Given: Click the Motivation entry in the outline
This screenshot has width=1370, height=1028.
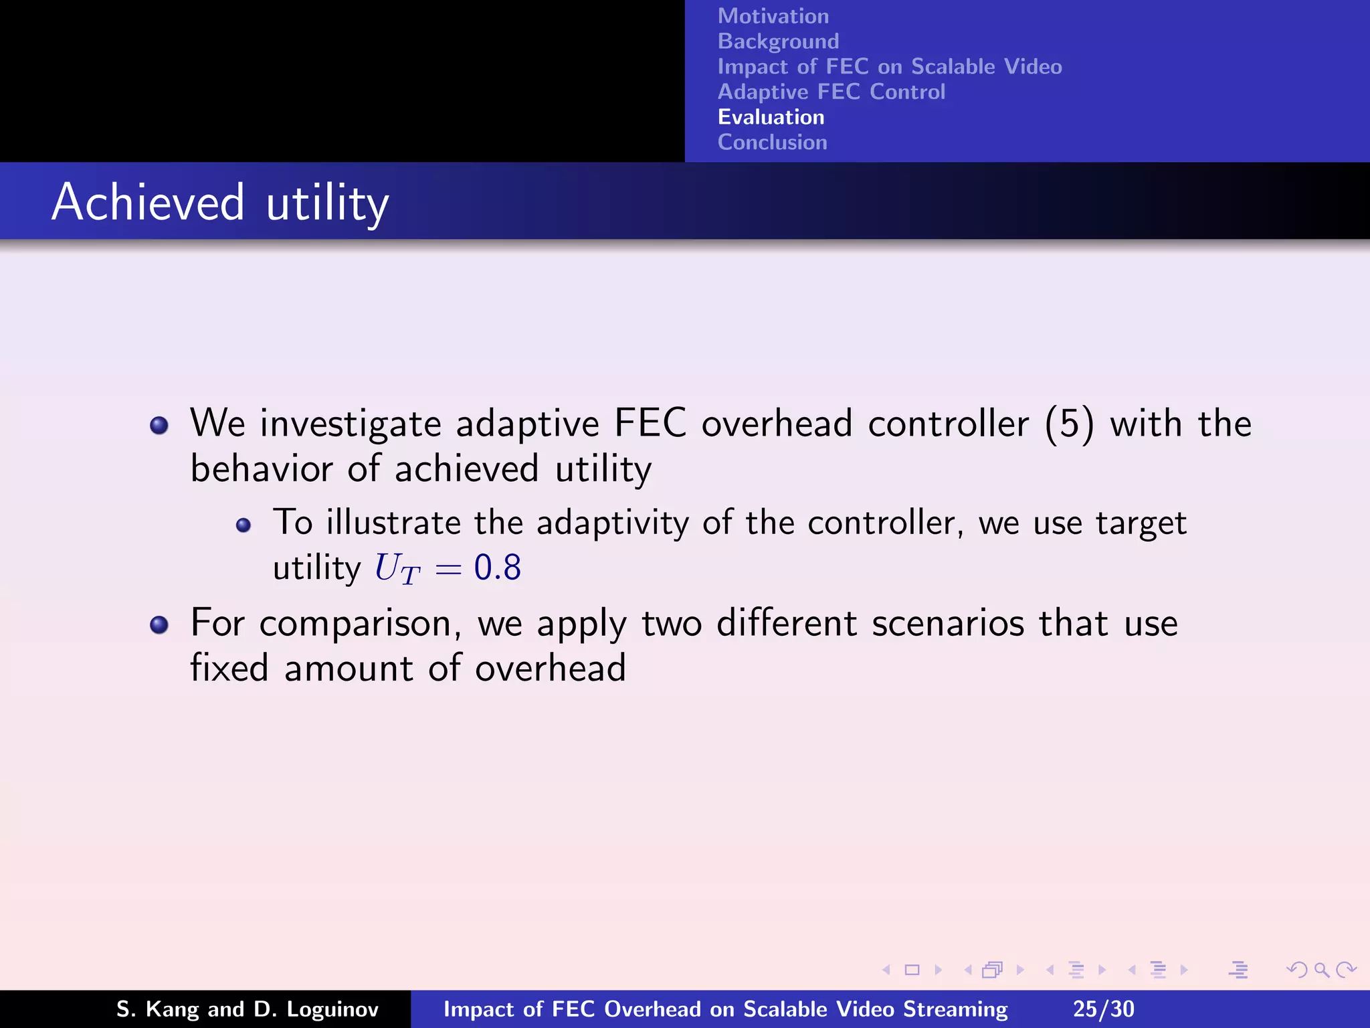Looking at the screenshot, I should click(x=773, y=16).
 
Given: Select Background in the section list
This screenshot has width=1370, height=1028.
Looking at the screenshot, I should click(x=778, y=41).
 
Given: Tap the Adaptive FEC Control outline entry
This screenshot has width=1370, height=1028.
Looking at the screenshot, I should click(x=831, y=92).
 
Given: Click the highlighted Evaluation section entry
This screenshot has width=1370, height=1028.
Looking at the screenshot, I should click(x=771, y=117).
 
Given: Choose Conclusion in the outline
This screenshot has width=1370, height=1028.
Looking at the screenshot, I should click(x=772, y=143).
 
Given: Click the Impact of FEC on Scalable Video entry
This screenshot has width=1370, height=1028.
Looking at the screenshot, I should click(x=889, y=67).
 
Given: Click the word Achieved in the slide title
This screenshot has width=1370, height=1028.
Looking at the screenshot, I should click(x=149, y=202).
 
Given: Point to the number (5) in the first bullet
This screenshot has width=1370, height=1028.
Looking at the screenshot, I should click(x=1069, y=424).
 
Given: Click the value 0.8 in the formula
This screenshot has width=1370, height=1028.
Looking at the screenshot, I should click(x=497, y=568).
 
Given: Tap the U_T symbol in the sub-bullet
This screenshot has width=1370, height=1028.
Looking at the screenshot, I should click(x=397, y=569).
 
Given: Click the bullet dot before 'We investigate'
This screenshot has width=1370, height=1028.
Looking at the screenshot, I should click(x=159, y=425).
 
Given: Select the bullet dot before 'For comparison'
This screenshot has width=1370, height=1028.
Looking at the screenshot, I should click(x=159, y=625).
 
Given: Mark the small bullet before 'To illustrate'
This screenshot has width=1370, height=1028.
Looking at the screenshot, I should click(x=243, y=525).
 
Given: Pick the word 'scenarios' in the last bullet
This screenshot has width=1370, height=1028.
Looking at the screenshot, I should click(x=947, y=623).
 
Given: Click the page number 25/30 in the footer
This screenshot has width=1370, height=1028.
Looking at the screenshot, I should click(x=1103, y=1009).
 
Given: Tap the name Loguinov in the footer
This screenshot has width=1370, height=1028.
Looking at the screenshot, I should click(x=332, y=1009).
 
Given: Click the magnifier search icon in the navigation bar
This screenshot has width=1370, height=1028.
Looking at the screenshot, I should click(x=1321, y=970).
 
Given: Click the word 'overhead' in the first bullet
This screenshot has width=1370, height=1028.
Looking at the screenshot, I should click(x=777, y=424).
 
